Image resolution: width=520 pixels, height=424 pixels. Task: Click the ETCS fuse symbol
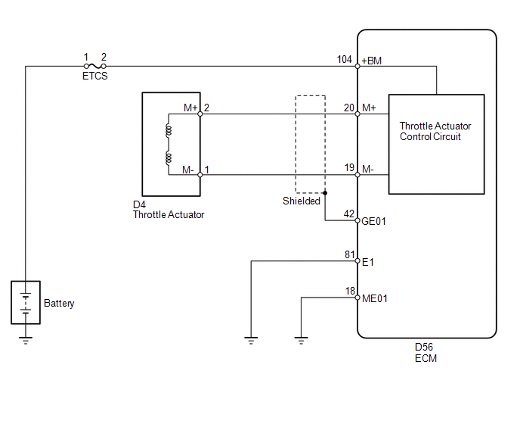coord(94,66)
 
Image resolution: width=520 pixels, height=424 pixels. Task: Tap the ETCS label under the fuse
coord(94,76)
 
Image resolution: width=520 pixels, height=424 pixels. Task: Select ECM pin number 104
coord(344,60)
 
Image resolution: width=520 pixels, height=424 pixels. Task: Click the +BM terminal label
coord(371,61)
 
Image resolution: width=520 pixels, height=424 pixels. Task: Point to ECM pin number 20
coord(349,108)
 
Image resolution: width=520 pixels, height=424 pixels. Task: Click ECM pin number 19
coord(349,168)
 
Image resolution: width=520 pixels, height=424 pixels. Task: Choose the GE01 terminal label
coord(373,221)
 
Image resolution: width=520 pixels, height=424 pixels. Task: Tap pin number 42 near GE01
coord(349,214)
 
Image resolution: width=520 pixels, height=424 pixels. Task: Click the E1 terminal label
coord(368,262)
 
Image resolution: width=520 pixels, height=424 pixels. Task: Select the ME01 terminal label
coord(374,298)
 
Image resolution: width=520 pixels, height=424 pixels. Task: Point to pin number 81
coord(349,254)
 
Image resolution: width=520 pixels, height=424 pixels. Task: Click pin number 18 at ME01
coord(350,291)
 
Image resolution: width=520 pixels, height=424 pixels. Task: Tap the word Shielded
coord(301,201)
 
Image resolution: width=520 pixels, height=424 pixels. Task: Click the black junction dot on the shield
coord(325,193)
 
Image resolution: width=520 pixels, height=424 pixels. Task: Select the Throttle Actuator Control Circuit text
coord(435,131)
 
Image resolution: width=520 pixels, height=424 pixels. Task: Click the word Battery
coord(59,304)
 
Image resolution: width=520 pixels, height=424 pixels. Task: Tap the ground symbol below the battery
coord(26,341)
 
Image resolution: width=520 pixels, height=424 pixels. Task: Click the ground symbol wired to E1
coord(251,341)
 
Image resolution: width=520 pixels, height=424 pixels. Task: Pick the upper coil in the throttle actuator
coord(169,130)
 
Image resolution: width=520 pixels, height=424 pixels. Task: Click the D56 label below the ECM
coord(424,348)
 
